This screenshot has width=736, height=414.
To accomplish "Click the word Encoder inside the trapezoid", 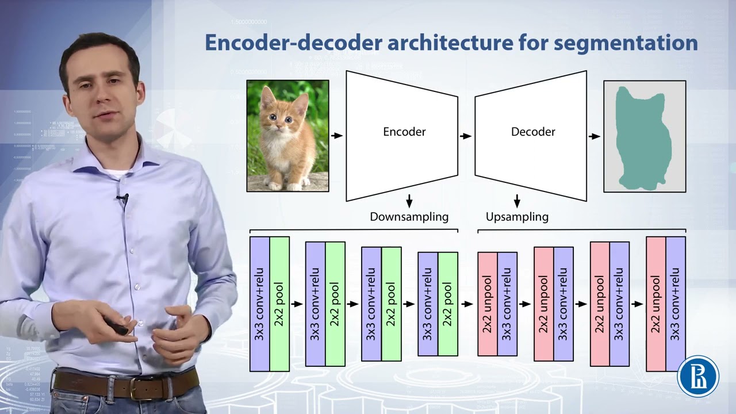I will pos(404,132).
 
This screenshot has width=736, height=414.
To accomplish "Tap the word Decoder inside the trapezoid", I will pos(533,132).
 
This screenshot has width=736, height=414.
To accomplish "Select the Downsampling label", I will pos(409,217).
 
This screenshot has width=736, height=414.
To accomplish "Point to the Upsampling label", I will pos(517,217).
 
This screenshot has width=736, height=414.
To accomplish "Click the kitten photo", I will pos(287,136).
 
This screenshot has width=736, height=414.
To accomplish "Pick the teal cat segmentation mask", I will pos(641,138).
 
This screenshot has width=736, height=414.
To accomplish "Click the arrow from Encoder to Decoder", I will pos(466,136).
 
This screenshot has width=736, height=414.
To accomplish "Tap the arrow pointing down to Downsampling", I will pos(409,201).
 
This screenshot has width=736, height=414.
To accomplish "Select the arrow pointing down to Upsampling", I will pos(517,201).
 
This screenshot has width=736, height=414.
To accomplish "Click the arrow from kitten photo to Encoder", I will pos(337,136).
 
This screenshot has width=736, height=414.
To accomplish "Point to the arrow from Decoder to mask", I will pos(595,136).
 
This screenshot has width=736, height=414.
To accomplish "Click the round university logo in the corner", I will pos(698,377).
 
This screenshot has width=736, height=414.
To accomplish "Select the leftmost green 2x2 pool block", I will pos(279,304).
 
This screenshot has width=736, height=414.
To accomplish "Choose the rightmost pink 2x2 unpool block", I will pos(655,304).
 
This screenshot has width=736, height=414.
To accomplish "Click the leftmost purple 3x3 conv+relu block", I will pos(259,304).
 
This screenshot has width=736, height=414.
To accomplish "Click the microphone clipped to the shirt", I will pos(122,199).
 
